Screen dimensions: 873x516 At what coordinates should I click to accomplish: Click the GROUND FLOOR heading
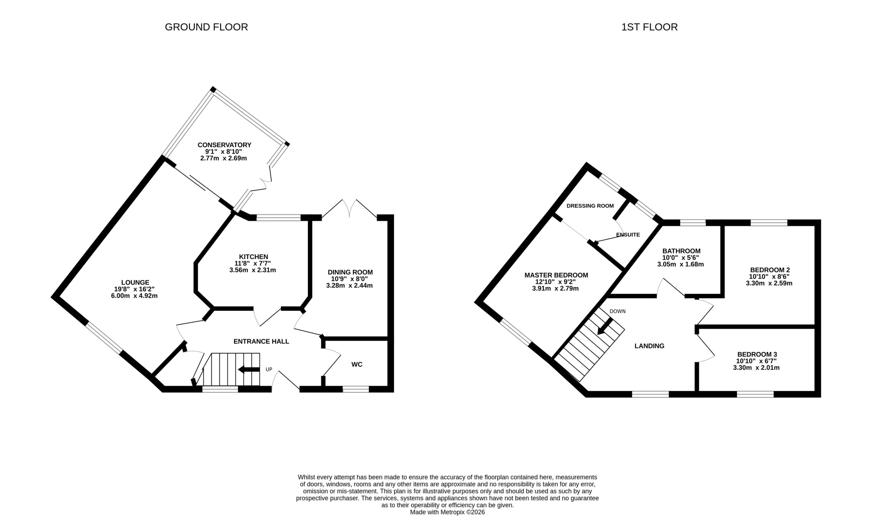pos(206,27)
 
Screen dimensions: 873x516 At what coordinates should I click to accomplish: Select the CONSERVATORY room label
pos(224,145)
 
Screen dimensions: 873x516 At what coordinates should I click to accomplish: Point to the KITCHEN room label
pos(253,257)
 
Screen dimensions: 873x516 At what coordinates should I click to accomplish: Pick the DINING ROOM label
pos(350,272)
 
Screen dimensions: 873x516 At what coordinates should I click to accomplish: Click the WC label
pos(357,364)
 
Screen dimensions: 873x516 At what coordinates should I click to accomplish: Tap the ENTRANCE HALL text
pos(261,341)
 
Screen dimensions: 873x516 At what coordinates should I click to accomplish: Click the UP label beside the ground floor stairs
pos(269,370)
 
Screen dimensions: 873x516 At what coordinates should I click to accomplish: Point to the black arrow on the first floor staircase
pos(605,326)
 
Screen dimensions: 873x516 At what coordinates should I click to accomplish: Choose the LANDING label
pos(649,346)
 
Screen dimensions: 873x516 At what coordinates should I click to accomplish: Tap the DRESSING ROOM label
pos(590,206)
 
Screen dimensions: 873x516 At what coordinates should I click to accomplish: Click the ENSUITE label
pos(628,235)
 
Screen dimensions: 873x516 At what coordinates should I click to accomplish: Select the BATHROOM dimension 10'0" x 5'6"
pos(681,257)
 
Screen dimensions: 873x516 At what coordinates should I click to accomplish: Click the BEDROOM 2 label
pos(770,270)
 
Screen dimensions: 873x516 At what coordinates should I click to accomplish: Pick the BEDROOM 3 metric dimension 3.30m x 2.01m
pos(756,368)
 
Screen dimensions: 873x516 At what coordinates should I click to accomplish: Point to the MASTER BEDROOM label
pos(556,275)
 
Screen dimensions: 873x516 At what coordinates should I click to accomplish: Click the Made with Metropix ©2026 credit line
pos(447,512)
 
